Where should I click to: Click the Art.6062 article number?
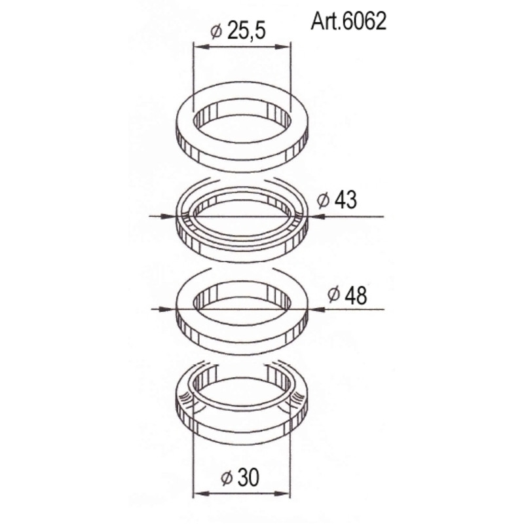(x=348, y=22)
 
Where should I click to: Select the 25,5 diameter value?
(x=246, y=31)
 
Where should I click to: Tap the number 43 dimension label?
(x=345, y=200)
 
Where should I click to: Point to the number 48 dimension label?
(x=355, y=295)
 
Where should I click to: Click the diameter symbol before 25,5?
(x=217, y=31)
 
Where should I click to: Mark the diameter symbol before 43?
(x=324, y=201)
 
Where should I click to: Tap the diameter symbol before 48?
(x=334, y=295)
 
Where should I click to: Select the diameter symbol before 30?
(x=227, y=478)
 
